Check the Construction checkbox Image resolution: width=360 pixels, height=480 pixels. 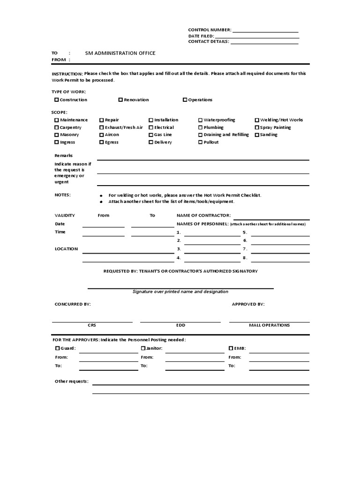point(57,100)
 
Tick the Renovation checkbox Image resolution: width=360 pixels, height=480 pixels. point(120,100)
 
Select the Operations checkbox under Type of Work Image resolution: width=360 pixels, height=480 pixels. point(185,100)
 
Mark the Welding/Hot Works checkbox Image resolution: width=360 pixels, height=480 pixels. point(257,120)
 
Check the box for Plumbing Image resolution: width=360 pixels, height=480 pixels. point(200,127)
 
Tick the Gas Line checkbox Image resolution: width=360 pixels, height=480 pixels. point(151,135)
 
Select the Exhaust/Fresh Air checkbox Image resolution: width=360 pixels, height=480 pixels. point(102,127)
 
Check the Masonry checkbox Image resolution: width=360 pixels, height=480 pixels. point(57,135)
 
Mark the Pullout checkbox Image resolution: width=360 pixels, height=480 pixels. point(200,142)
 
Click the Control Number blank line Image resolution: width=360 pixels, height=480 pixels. point(265,31)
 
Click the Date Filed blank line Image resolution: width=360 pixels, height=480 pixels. point(257,37)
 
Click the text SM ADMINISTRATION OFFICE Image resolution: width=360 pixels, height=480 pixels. point(120,53)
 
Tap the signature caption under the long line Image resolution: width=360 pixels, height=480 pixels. point(180,292)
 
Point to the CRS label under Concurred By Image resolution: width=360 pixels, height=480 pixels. point(92,325)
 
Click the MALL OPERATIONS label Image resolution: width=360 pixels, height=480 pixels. point(269,325)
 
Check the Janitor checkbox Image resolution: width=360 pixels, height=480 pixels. point(143,349)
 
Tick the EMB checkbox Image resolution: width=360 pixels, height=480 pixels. point(231,349)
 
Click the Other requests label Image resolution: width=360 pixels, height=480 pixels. point(72,382)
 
